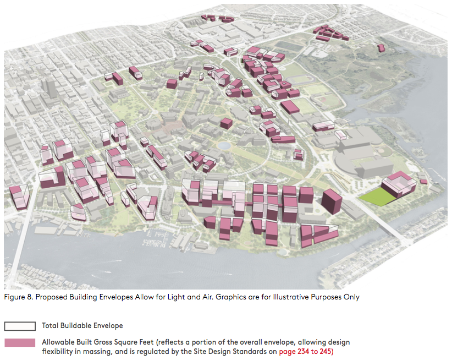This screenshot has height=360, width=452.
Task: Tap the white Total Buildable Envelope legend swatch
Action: pyautogui.click(x=20, y=326)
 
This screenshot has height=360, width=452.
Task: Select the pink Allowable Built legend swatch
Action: pyautogui.click(x=20, y=342)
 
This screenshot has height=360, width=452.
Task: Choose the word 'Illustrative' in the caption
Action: pyautogui.click(x=297, y=297)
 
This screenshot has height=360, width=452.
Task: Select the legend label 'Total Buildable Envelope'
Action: pyautogui.click(x=82, y=326)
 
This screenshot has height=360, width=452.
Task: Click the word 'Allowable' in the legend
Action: pyautogui.click(x=58, y=342)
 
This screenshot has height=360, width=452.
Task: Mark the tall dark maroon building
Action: pyautogui.click(x=331, y=201)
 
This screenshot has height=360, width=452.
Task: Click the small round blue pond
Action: pyautogui.click(x=223, y=146)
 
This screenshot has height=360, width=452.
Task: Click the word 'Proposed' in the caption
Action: pyautogui.click(x=51, y=297)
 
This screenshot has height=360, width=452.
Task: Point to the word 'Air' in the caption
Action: pyautogui.click(x=192, y=297)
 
